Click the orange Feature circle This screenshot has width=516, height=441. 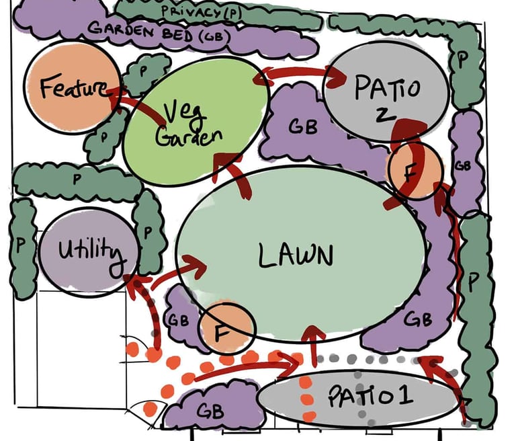click(x=64, y=87)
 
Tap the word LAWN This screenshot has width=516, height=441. click(x=295, y=255)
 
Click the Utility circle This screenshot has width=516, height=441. click(x=89, y=253)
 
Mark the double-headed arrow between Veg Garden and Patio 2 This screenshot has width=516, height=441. click(x=296, y=75)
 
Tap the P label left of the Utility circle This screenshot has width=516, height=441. click(x=20, y=245)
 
